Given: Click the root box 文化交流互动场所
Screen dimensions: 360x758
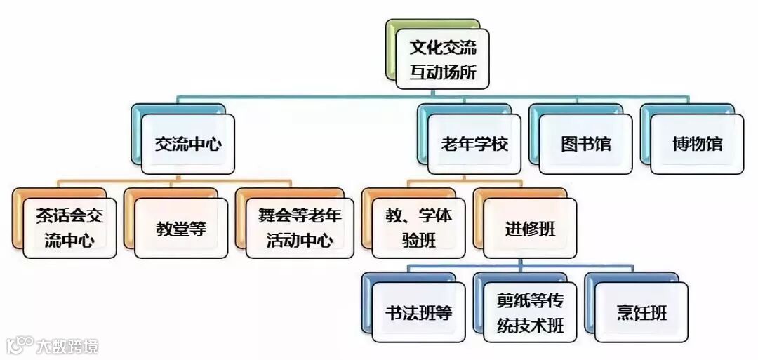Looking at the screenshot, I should coord(442,59).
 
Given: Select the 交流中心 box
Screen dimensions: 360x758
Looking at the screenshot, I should coord(188,145).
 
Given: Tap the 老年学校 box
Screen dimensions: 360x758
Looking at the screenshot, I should coord(474,145).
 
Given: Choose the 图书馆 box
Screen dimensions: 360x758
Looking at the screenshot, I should coord(586,145).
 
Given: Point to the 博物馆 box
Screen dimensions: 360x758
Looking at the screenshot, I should coord(697,145).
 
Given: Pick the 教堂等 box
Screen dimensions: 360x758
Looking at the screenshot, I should coord(181,228).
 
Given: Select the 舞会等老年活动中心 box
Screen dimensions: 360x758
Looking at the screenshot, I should coord(299,228).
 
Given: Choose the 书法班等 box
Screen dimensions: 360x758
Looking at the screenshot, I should coord(418,312).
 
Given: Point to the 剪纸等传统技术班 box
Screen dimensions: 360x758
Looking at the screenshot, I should coord(530,312).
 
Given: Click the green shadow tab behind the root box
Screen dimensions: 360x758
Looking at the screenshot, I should coord(390,49).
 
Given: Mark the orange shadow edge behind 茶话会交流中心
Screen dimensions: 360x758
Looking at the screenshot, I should coord(17,218).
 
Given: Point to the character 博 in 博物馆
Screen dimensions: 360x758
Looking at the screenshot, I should coord(679,145).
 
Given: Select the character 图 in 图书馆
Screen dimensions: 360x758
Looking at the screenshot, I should coord(568,145).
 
